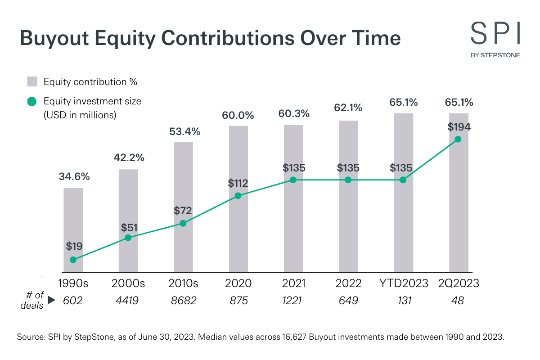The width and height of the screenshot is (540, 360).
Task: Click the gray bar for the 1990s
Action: coord(73,225)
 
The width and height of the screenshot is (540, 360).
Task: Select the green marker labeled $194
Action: coord(458,139)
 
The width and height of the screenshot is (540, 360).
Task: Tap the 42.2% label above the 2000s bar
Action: coord(128,157)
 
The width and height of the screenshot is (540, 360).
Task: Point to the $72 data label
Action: coord(183,210)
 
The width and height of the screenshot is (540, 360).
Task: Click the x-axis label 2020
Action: coord(238,283)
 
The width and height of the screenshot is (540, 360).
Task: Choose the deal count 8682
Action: coord(183,301)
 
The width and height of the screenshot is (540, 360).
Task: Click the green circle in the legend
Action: coord(32,102)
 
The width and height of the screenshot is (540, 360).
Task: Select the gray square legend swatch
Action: coord(32,82)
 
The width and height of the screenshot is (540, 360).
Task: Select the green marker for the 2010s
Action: coord(183,223)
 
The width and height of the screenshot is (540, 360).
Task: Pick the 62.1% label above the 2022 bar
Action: coord(348,108)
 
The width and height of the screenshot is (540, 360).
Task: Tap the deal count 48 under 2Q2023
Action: coord(458,301)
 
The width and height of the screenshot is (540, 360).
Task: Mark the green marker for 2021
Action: coord(293,180)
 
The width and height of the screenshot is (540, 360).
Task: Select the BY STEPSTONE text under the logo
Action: coord(495,55)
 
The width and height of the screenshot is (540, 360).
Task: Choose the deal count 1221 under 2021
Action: coord(293,301)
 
